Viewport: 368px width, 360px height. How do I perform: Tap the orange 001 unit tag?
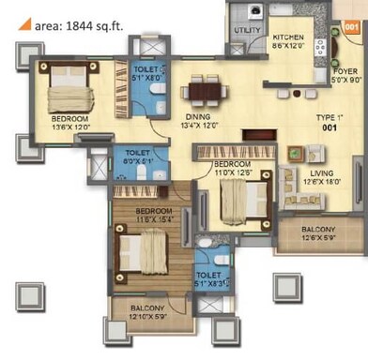coord(352,28)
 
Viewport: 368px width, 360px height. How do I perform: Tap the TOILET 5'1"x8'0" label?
coord(146,75)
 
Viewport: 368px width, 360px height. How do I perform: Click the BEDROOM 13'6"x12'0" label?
coord(70,124)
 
